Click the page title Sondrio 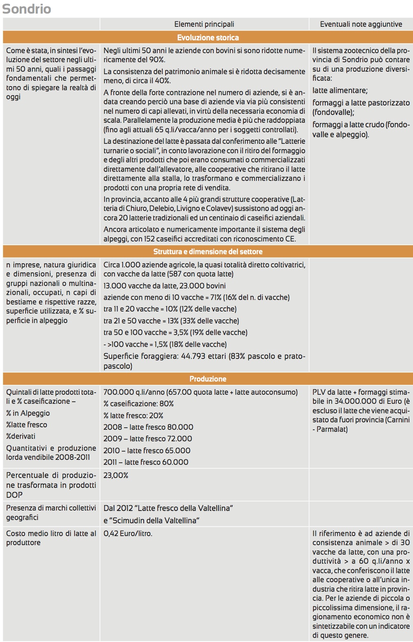tap(27, 9)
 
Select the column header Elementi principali tap(204, 24)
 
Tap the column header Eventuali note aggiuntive tap(361, 24)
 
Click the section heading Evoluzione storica tap(208, 37)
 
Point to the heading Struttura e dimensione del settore tap(208, 251)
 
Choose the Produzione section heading tap(208, 379)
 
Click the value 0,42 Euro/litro tap(128, 534)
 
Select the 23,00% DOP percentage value tap(116, 475)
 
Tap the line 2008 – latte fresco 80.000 tap(148, 427)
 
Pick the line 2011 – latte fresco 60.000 tap(146, 462)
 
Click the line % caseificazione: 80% tap(138, 404)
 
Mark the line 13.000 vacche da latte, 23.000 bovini tap(164, 286)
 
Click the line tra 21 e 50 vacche tap(171, 321)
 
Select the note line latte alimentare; tap(340, 90)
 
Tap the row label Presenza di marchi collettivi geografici tap(51, 513)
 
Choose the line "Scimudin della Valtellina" tap(151, 520)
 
